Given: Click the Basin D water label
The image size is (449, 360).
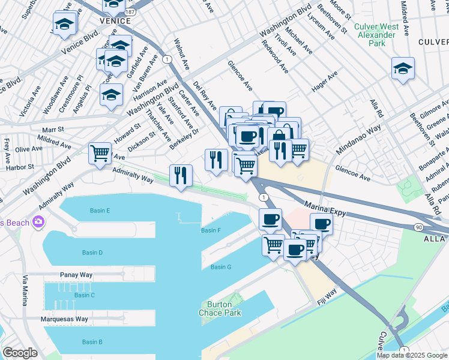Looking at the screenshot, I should pos(92,253).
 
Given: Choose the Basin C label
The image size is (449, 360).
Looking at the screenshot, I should pos(85,295).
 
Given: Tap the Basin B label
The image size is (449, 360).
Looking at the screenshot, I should pos(92,341).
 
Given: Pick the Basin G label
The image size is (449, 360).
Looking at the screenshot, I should pos(221,267).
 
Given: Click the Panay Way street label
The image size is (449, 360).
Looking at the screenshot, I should pos(76,275).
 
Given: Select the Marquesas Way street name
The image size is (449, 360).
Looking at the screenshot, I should pos(65,319).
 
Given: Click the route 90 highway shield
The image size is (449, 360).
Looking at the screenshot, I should pos(419,227).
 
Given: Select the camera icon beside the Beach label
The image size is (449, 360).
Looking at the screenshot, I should pos(39,223).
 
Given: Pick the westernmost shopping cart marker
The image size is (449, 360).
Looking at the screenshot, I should pos(100,152).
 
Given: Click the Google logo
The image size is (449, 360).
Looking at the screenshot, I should pos(20,352).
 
